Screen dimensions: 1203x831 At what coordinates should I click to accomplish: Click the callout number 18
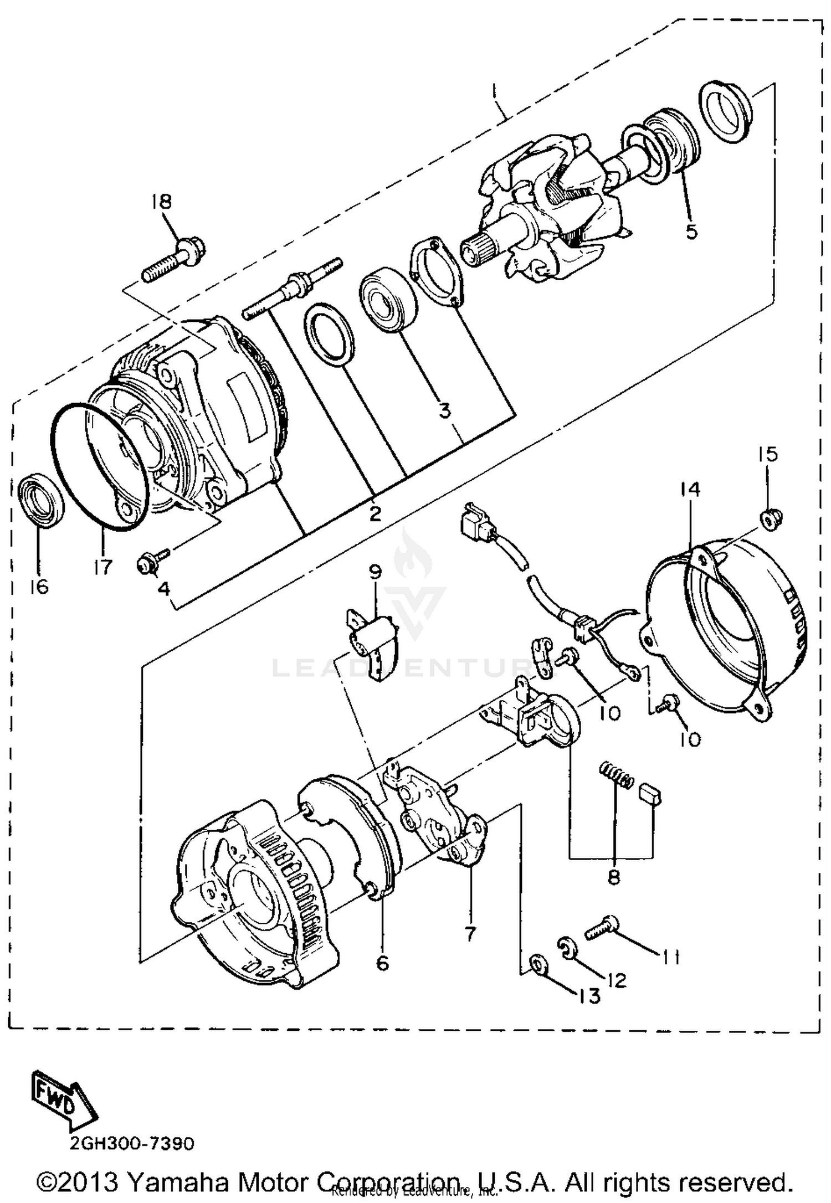(x=162, y=202)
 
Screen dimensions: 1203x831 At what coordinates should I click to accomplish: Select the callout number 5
(x=691, y=232)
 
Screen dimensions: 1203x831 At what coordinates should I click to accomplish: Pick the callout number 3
(x=444, y=411)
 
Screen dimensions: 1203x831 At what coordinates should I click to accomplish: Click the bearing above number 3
(x=387, y=299)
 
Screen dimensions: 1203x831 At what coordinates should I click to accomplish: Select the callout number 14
(x=690, y=490)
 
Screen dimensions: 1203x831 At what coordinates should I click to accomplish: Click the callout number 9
(x=376, y=572)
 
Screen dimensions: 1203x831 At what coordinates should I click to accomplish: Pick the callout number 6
(x=382, y=963)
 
